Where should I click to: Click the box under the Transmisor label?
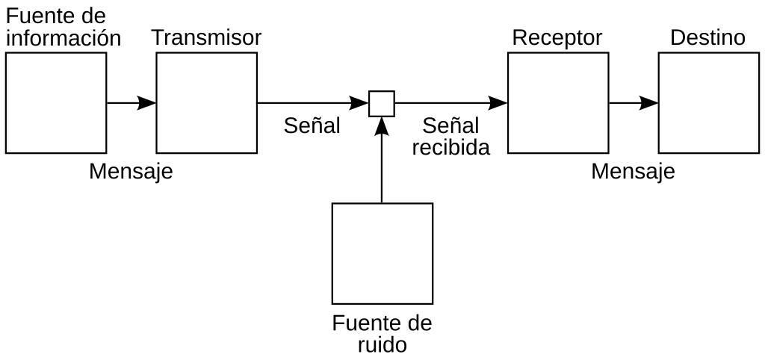(206, 103)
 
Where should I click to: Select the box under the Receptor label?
(558, 103)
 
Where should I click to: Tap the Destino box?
(708, 103)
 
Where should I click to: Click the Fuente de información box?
(56, 103)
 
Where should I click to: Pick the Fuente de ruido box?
(382, 253)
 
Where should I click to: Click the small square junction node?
(382, 103)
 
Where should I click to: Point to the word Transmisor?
(206, 37)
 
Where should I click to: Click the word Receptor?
(557, 37)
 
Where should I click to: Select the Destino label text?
(707, 37)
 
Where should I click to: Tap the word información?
(63, 39)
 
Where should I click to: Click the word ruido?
(382, 345)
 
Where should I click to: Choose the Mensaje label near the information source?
(131, 172)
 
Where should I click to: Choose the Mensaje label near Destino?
(633, 172)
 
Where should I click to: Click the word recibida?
(450, 148)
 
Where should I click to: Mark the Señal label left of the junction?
(312, 125)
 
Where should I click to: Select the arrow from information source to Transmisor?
(131, 103)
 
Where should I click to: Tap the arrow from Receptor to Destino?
(634, 103)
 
